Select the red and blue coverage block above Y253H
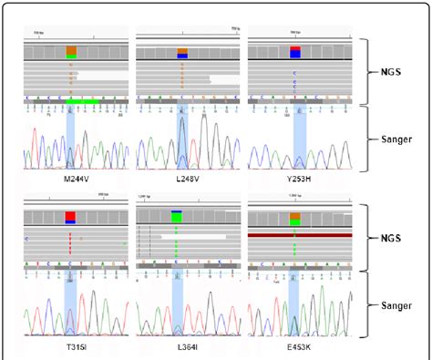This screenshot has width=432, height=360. (294, 52)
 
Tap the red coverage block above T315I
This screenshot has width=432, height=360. (71, 217)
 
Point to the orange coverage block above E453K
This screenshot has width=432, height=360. (294, 217)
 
